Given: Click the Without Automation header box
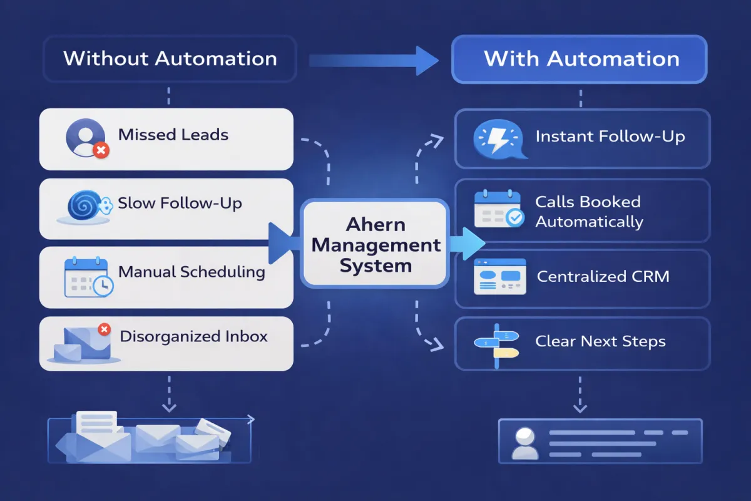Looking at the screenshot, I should click(170, 59).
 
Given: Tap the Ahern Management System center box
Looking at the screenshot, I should click(375, 244).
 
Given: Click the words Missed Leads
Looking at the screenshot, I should click(173, 135).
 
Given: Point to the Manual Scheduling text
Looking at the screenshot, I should click(192, 272).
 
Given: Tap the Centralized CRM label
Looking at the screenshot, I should click(603, 277).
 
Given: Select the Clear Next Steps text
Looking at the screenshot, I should click(600, 342).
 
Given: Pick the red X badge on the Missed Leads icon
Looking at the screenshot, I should click(101, 150).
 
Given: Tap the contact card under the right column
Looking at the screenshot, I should click(600, 440).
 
